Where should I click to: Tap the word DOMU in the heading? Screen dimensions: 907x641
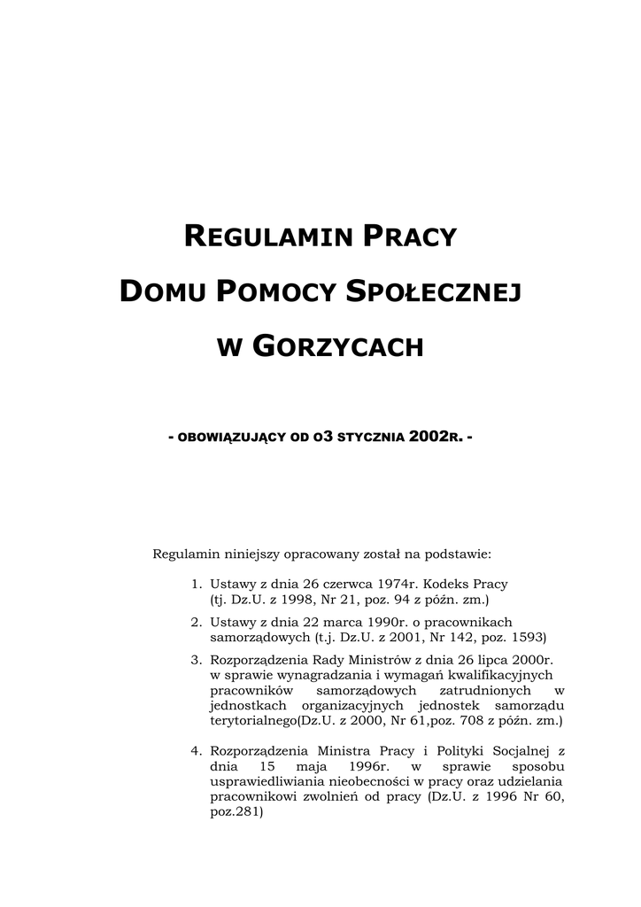(x=162, y=291)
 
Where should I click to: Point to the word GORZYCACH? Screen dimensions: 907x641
(x=338, y=346)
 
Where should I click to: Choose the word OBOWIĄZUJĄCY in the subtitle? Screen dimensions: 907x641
(x=229, y=438)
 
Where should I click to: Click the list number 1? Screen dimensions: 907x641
(x=196, y=585)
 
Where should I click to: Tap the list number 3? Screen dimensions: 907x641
(x=196, y=660)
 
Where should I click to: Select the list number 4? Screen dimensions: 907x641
(x=196, y=751)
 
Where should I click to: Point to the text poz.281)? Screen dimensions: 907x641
(x=236, y=811)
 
